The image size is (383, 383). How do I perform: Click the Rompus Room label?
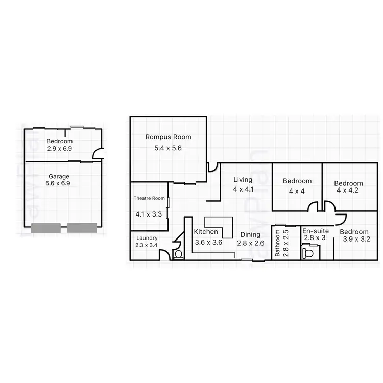click(x=168, y=137)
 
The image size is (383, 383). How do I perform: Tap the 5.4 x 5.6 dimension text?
click(x=168, y=148)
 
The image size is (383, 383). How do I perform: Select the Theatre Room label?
click(x=149, y=198)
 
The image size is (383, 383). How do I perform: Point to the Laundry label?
click(x=147, y=238)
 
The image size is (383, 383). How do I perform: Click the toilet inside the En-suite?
click(x=307, y=252)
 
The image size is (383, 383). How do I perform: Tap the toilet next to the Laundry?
click(x=178, y=254)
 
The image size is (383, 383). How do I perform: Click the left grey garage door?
click(x=45, y=228)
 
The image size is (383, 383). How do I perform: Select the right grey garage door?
click(x=82, y=228)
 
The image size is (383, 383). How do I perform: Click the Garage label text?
click(x=59, y=176)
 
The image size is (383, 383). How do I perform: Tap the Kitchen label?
click(x=206, y=232)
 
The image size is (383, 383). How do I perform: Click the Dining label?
click(x=250, y=235)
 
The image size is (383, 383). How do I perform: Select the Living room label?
click(x=243, y=180)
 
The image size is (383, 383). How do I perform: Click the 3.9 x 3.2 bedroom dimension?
click(x=355, y=239)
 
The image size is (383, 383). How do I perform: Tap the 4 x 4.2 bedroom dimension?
click(x=348, y=190)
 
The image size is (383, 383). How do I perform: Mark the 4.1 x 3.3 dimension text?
click(x=149, y=214)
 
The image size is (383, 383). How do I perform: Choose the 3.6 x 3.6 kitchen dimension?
click(x=208, y=243)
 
